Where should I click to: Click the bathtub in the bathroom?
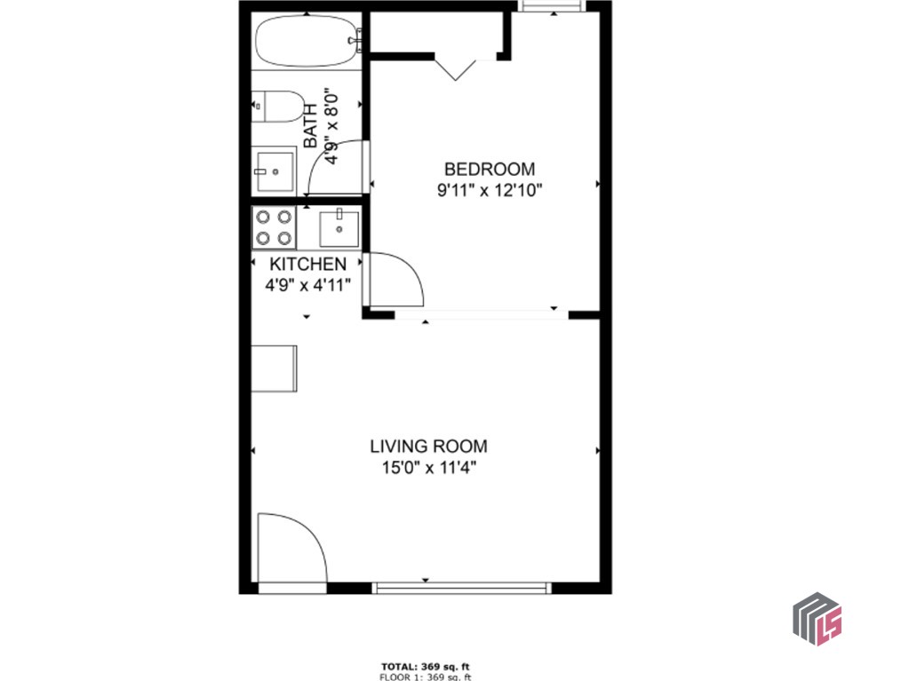pyautogui.click(x=307, y=41)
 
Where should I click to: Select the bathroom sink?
pyautogui.click(x=274, y=169)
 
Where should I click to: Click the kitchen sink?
pyautogui.click(x=339, y=228)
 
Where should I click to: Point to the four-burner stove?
pyautogui.click(x=274, y=226)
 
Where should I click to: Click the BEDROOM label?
pyautogui.click(x=490, y=169)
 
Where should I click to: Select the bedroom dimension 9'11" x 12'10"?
pyautogui.click(x=489, y=189)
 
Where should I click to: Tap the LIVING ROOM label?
pyautogui.click(x=428, y=447)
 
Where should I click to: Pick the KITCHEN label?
pyautogui.click(x=307, y=264)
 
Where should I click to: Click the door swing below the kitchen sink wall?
pyautogui.click(x=394, y=280)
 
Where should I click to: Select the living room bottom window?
pyautogui.click(x=461, y=587)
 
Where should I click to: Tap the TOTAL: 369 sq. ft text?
pyautogui.click(x=425, y=665)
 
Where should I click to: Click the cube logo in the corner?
pyautogui.click(x=816, y=619)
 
